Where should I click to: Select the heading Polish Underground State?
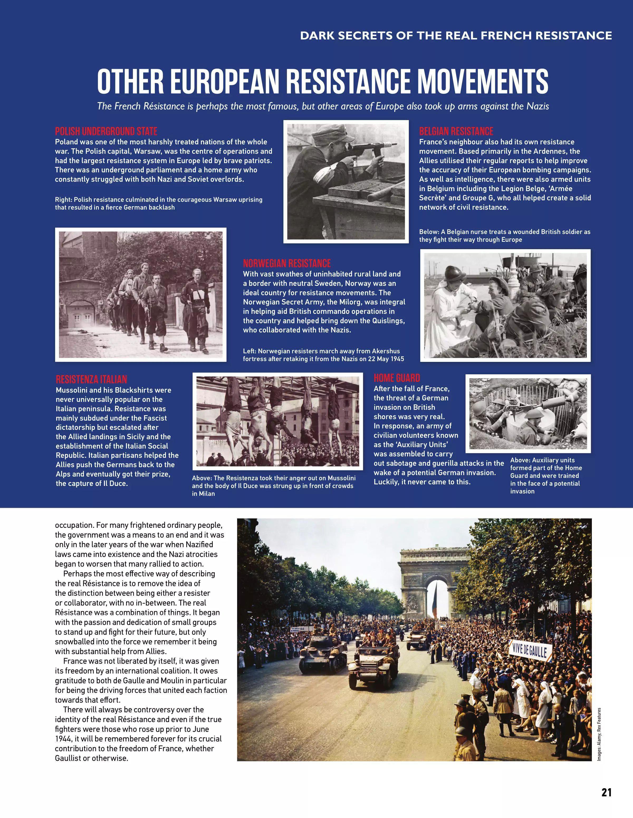(106, 131)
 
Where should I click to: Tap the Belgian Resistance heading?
(456, 131)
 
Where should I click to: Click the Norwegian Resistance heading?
(287, 263)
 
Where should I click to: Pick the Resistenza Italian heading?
(91, 379)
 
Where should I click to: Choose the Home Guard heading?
(397, 378)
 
